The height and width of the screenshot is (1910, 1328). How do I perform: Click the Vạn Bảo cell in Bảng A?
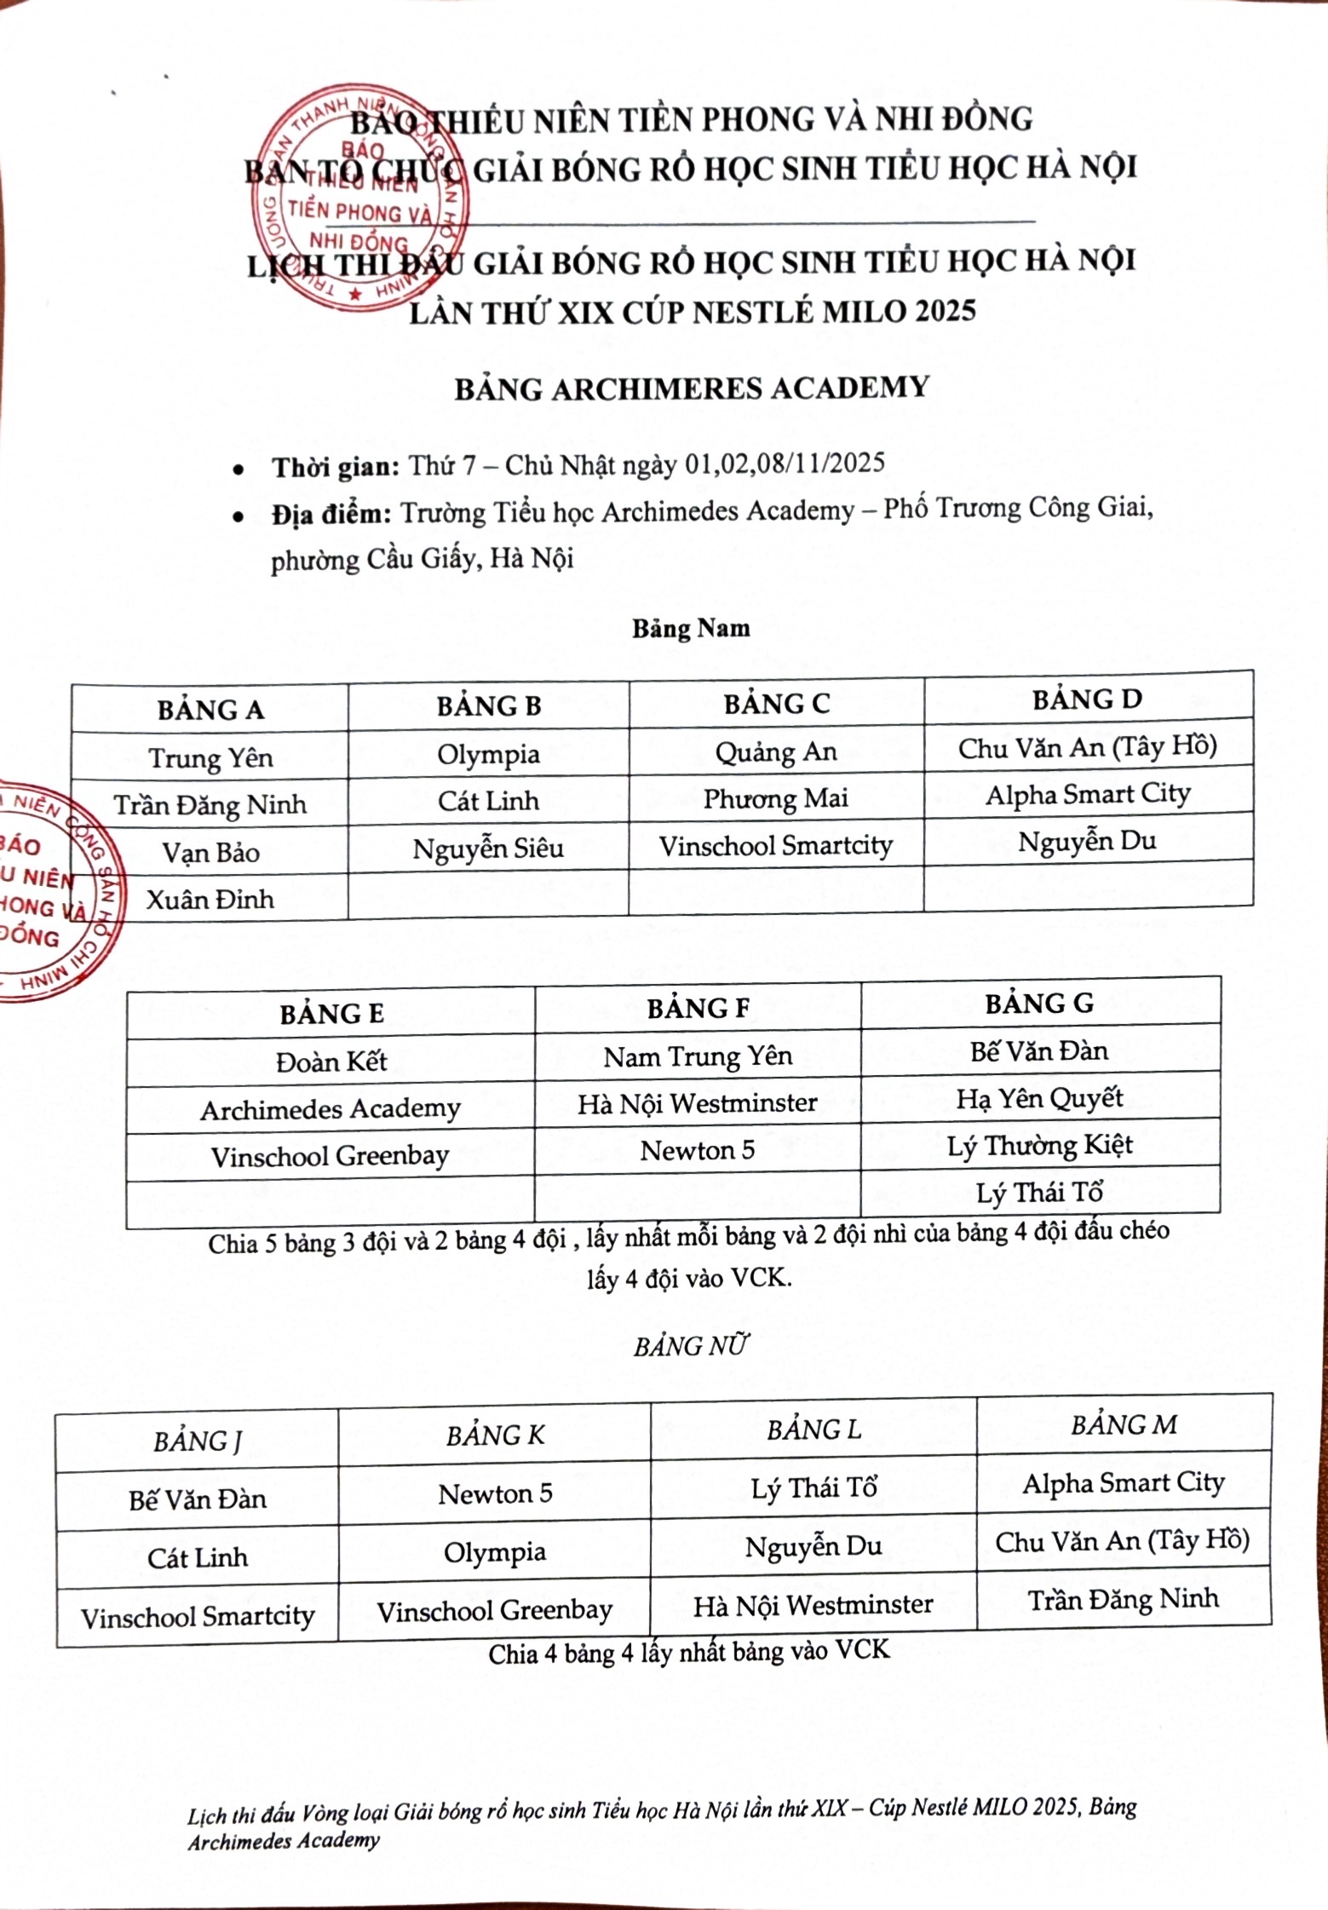point(210,852)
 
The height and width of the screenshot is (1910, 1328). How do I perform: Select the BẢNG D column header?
point(1087,699)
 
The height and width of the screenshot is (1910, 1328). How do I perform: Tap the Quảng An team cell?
point(776,751)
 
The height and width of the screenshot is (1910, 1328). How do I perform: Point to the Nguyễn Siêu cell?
point(488,849)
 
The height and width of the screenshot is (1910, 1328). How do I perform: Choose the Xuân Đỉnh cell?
point(210,899)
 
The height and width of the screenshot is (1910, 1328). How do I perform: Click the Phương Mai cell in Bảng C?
point(775,798)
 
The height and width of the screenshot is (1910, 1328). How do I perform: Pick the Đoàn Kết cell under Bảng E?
point(331,1061)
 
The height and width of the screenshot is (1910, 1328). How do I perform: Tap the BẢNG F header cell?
point(698,1009)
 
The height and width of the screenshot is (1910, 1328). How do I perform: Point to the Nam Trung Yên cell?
point(698,1056)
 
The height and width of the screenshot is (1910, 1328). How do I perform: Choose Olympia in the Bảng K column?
point(495,1552)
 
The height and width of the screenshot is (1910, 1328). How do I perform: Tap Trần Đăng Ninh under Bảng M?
point(1123,1599)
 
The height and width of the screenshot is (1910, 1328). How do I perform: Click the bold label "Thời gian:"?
point(336,468)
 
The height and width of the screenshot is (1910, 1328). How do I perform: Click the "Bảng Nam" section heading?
point(691,629)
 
